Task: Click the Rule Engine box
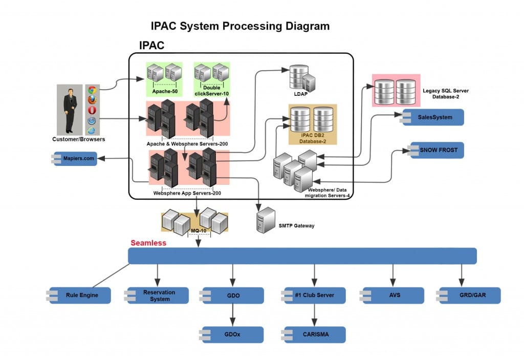[81, 295]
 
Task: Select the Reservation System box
[159, 295]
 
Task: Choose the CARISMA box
[315, 334]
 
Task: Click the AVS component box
[394, 295]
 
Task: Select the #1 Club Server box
[315, 295]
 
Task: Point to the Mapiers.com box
[78, 159]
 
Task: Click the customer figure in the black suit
[70, 110]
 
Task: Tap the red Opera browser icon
[92, 110]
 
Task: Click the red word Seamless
[148, 243]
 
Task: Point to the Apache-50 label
[165, 92]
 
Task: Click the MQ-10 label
[198, 230]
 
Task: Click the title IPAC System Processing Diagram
[240, 26]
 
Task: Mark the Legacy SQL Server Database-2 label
[445, 94]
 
